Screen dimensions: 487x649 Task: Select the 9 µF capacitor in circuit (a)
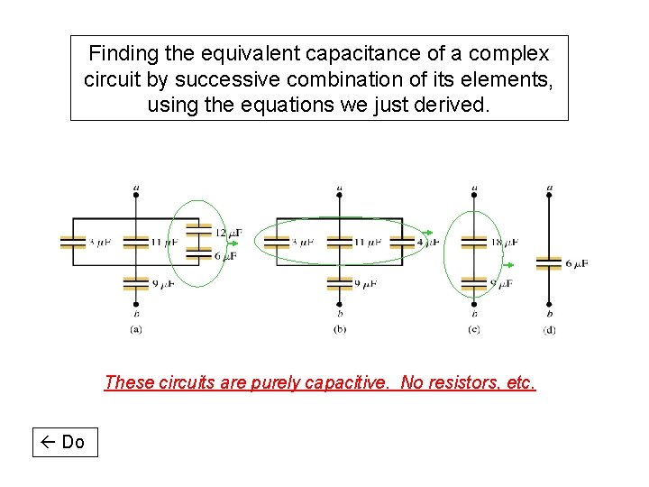pyautogui.click(x=135, y=282)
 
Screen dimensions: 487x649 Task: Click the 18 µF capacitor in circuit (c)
pyautogui.click(x=474, y=242)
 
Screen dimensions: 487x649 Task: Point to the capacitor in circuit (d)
pyautogui.click(x=549, y=263)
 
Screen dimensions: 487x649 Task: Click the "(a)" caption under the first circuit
pyautogui.click(x=136, y=329)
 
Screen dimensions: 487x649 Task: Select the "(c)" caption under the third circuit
pyautogui.click(x=474, y=329)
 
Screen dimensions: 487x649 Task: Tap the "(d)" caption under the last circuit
pyautogui.click(x=550, y=330)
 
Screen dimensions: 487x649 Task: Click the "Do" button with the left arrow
pyautogui.click(x=65, y=442)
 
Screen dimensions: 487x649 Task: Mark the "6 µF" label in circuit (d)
pyautogui.click(x=578, y=263)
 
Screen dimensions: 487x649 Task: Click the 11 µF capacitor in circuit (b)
pyautogui.click(x=340, y=242)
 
